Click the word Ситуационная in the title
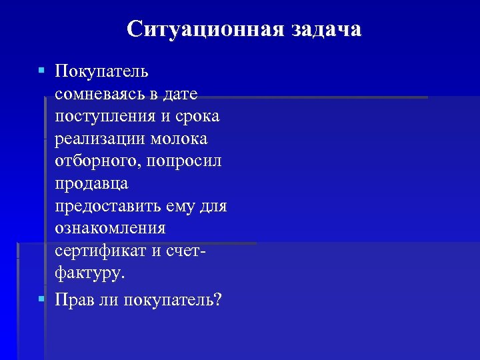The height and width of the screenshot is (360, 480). (x=205, y=29)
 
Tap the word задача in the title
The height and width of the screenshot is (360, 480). (x=325, y=29)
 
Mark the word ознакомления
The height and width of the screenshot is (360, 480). (x=110, y=229)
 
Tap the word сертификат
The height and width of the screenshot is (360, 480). (x=99, y=251)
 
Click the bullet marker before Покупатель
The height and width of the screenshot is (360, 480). (x=41, y=70)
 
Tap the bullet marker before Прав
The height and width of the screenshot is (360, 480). (x=41, y=298)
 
